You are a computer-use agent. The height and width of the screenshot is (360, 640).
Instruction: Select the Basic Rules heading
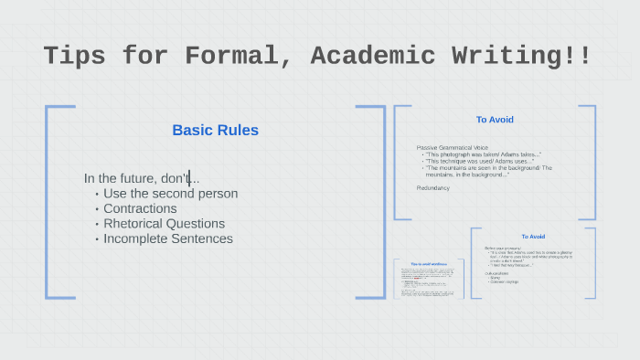point(215,131)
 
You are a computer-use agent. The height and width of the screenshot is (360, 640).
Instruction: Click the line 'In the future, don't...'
point(142,178)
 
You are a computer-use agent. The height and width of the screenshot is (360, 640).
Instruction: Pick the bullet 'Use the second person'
point(170,194)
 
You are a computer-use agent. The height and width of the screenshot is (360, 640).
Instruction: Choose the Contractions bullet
point(140,208)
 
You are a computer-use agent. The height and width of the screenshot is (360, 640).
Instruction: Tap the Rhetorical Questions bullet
point(164,224)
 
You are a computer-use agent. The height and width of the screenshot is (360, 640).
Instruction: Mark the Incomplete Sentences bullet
point(168,238)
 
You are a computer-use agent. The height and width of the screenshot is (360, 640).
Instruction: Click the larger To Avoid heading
point(495,120)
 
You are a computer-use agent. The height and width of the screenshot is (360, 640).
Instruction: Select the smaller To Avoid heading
point(533,237)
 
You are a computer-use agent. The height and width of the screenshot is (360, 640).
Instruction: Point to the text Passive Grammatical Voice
point(453,148)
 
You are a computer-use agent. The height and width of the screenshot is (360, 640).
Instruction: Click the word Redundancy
point(433,187)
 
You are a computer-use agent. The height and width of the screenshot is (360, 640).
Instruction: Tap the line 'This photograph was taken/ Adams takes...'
point(483,154)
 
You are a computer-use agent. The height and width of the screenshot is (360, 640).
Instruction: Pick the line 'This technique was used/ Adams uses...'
point(479,162)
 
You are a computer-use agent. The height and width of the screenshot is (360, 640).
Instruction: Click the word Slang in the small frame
point(495,275)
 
